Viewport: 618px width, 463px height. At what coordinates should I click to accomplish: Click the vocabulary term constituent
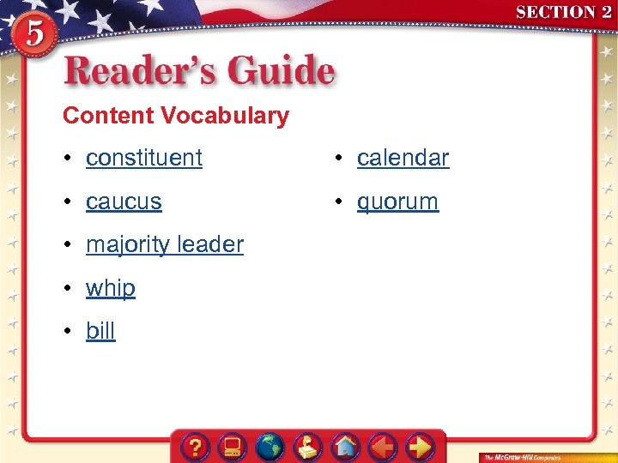pos(144,158)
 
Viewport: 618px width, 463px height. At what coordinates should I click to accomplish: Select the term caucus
pos(124,201)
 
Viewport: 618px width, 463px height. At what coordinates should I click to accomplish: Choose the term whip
pos(111,288)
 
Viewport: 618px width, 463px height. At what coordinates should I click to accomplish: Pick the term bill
pos(100,331)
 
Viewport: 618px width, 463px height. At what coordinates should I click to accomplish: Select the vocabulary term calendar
pos(403,158)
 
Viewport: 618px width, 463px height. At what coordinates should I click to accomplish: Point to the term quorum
pos(397,201)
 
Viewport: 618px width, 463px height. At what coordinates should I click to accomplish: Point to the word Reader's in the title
pos(143,71)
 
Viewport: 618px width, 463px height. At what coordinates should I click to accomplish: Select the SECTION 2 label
pos(563,12)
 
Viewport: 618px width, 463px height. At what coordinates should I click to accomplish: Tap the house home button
pos(345,447)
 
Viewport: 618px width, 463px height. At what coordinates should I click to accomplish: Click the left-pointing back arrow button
pos(382,447)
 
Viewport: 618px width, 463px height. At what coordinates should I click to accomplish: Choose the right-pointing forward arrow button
pos(420,447)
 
